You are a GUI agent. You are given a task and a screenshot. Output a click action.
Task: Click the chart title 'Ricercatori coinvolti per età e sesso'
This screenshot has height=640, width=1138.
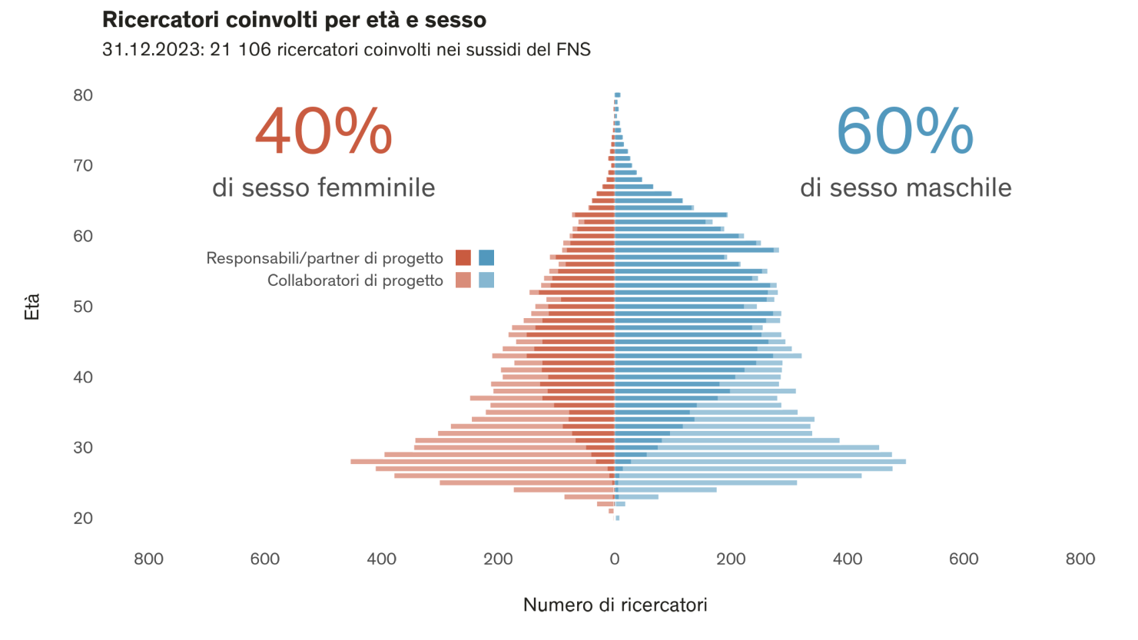coord(294,20)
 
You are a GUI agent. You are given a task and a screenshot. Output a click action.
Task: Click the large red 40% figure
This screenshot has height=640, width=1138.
coord(323,131)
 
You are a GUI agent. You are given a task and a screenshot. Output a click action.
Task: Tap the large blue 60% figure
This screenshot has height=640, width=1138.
coord(904,131)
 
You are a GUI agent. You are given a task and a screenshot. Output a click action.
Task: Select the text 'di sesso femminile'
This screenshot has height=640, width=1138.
coord(323,187)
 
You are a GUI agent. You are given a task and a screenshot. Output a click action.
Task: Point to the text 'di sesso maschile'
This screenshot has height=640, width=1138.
coord(905,187)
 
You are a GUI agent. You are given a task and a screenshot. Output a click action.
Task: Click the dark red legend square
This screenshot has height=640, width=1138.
coord(463,258)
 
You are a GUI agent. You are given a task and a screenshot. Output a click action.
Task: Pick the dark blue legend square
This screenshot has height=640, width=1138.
coord(486,258)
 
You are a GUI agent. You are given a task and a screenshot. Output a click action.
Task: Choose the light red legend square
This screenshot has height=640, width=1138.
coord(463,280)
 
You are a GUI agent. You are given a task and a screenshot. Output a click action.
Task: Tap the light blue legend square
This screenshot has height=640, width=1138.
coord(486,280)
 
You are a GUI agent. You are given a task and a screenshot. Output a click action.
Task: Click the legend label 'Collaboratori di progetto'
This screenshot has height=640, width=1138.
coord(355,281)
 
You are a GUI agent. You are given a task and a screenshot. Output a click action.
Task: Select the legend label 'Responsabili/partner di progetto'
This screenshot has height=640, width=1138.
coord(324,259)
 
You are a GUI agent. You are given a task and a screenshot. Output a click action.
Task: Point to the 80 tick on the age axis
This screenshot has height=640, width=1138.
coord(83,95)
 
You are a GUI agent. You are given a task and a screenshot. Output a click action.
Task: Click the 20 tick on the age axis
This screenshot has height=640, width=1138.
coord(83,519)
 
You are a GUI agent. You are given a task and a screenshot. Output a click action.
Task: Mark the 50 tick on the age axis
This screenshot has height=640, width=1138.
coord(83,307)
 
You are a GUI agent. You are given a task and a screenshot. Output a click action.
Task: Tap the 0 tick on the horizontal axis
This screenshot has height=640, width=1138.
coord(615,559)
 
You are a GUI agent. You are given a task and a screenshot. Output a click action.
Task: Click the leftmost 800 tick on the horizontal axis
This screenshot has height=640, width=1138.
coord(148,559)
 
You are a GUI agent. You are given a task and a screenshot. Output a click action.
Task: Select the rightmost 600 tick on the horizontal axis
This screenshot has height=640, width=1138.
coord(964,559)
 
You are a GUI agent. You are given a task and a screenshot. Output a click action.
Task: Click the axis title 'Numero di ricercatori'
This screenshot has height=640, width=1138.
coord(615,605)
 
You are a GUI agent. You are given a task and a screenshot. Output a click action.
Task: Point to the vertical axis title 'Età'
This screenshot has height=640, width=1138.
coord(32,307)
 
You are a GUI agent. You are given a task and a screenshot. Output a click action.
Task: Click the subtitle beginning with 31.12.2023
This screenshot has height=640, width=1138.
coord(346,51)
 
